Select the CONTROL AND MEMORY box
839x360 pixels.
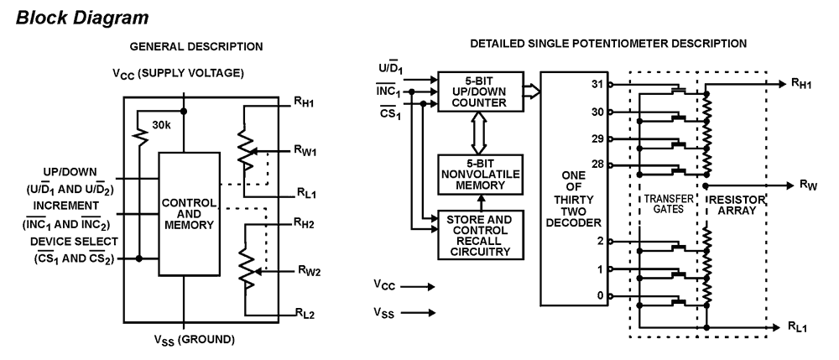point(189,214)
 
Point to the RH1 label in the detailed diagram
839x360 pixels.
point(799,84)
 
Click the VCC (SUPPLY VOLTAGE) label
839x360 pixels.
point(189,74)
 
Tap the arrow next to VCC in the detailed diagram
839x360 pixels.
point(420,286)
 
